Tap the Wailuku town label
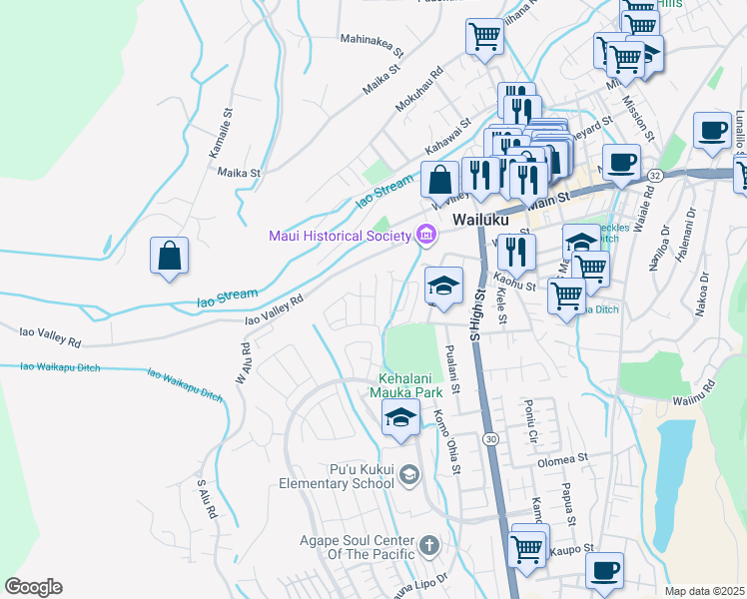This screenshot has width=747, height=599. point(480,219)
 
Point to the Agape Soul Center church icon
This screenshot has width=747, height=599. point(428,545)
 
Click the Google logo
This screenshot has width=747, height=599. point(33,587)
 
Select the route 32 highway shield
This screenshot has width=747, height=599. point(654,175)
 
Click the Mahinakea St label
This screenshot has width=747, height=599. point(372,44)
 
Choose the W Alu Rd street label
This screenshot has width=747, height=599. point(243,363)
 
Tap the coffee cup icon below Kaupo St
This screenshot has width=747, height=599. point(604,571)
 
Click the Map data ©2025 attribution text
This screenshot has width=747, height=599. point(705,591)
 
